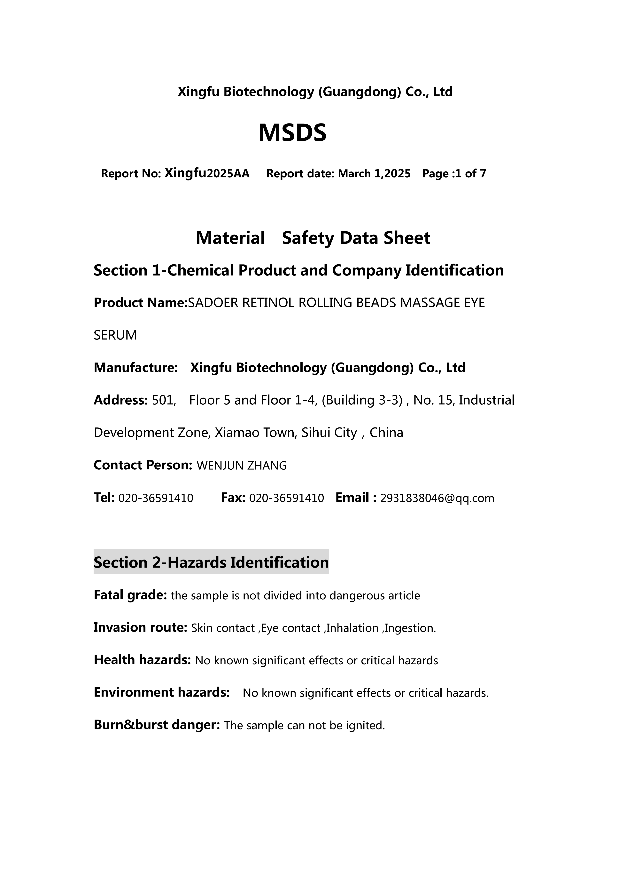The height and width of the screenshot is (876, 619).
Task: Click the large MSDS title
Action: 292,133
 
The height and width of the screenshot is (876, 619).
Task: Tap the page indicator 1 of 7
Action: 470,174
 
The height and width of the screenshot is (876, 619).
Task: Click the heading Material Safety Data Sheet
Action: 313,238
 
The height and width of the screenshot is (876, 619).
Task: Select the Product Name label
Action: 140,303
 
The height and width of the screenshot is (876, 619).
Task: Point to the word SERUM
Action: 115,335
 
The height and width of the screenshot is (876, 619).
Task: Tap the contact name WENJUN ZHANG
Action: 242,466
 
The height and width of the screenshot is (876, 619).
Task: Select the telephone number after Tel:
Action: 156,498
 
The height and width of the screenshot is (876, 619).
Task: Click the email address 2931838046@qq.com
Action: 437,498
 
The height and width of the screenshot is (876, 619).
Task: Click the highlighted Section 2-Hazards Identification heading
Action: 211,563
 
